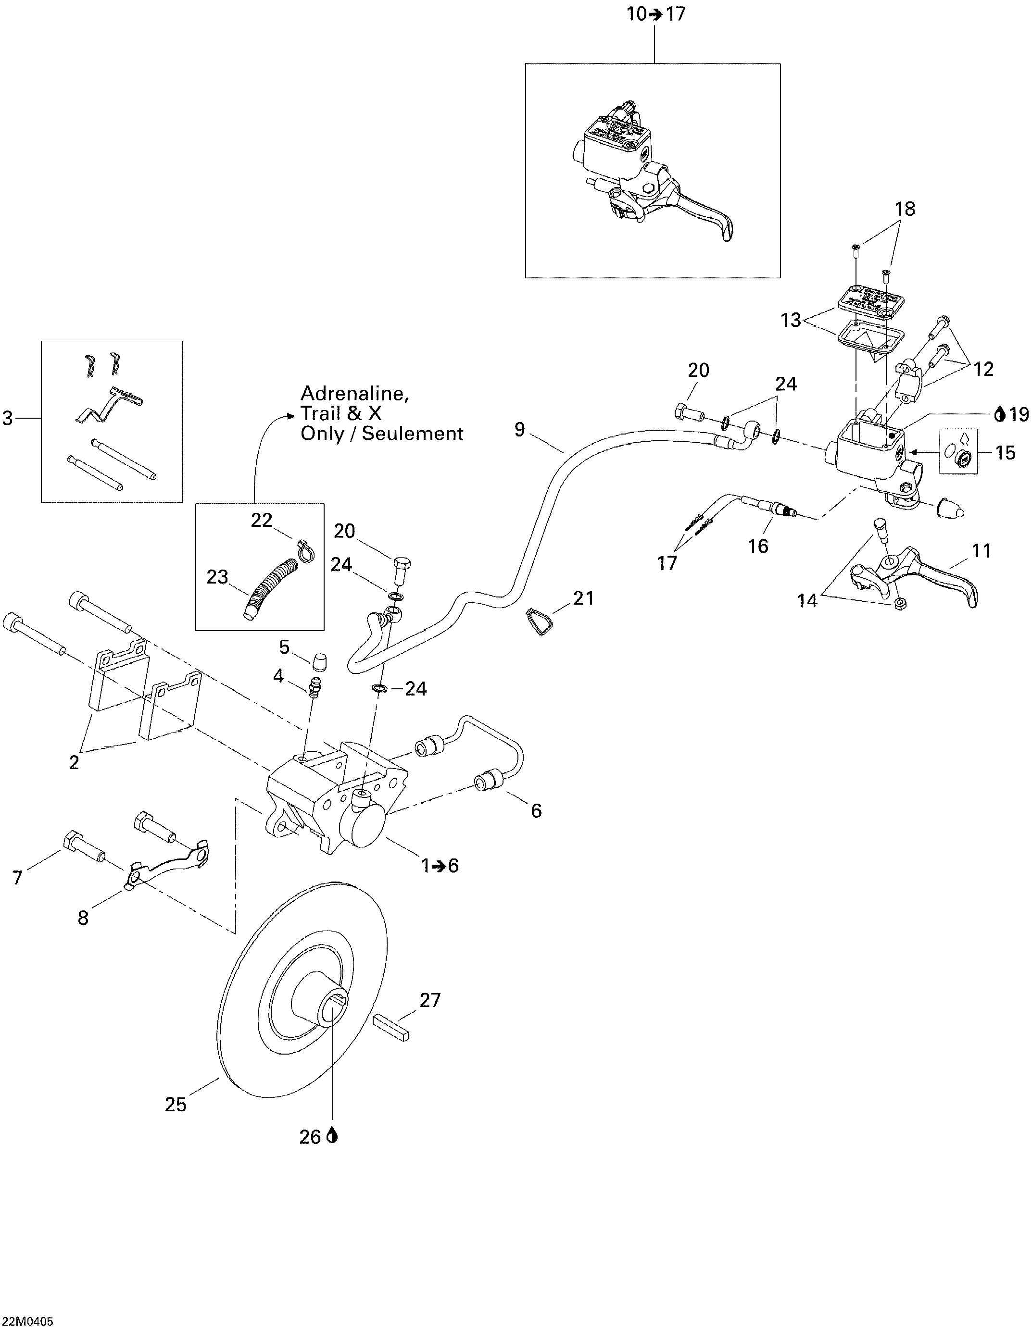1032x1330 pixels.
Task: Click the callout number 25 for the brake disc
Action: coord(176,1104)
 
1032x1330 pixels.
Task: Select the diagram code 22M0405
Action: coord(27,1321)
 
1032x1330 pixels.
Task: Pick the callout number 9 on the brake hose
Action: coord(519,429)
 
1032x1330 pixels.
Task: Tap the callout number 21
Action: coord(584,598)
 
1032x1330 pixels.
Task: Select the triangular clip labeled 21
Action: coord(537,621)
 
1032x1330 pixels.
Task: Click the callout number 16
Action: coord(758,546)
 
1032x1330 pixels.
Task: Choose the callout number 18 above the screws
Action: coord(905,209)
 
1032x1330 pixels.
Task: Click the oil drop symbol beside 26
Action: coord(332,1136)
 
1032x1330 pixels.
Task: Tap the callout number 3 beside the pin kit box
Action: coord(8,418)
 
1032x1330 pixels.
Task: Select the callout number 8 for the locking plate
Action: coord(84,918)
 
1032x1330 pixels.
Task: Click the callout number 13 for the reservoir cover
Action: coord(791,320)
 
